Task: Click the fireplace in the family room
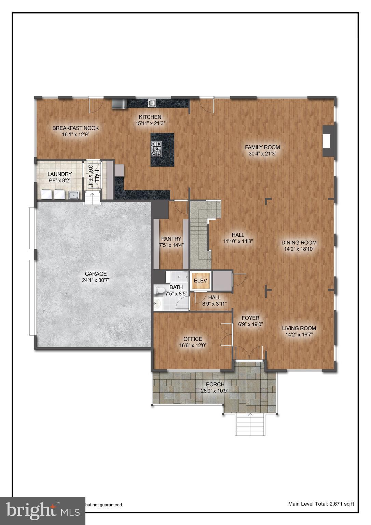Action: (328, 141)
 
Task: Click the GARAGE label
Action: (96, 274)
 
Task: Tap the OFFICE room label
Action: (193, 339)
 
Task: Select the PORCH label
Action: (215, 384)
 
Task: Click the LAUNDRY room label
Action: (59, 174)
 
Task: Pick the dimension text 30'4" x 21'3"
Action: (262, 154)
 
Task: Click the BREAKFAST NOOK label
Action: (75, 128)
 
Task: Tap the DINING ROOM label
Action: (299, 243)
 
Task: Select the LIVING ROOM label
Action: (299, 328)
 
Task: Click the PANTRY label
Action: (171, 239)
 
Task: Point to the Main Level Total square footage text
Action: (321, 503)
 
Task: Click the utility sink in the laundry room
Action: (73, 195)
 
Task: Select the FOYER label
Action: (250, 318)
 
